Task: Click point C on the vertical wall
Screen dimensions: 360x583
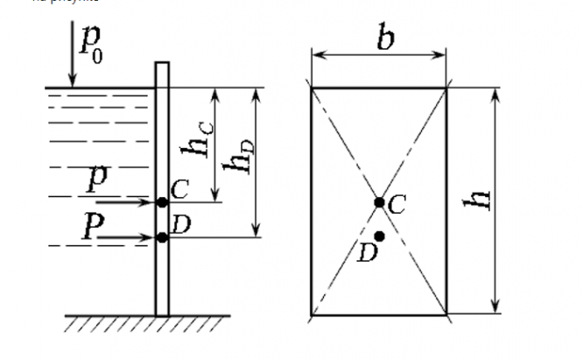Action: click(162, 201)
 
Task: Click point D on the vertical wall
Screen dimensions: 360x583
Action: click(162, 236)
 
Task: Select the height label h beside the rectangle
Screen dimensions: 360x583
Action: click(480, 199)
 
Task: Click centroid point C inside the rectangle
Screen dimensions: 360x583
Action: click(379, 201)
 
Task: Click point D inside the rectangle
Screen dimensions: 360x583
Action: click(379, 236)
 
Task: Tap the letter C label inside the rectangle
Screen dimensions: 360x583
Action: click(396, 205)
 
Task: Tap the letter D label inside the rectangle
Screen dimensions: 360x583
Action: click(366, 253)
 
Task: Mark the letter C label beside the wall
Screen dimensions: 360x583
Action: click(179, 187)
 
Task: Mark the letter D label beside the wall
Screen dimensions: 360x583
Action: click(181, 224)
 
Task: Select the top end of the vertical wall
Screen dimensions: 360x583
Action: click(162, 65)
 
